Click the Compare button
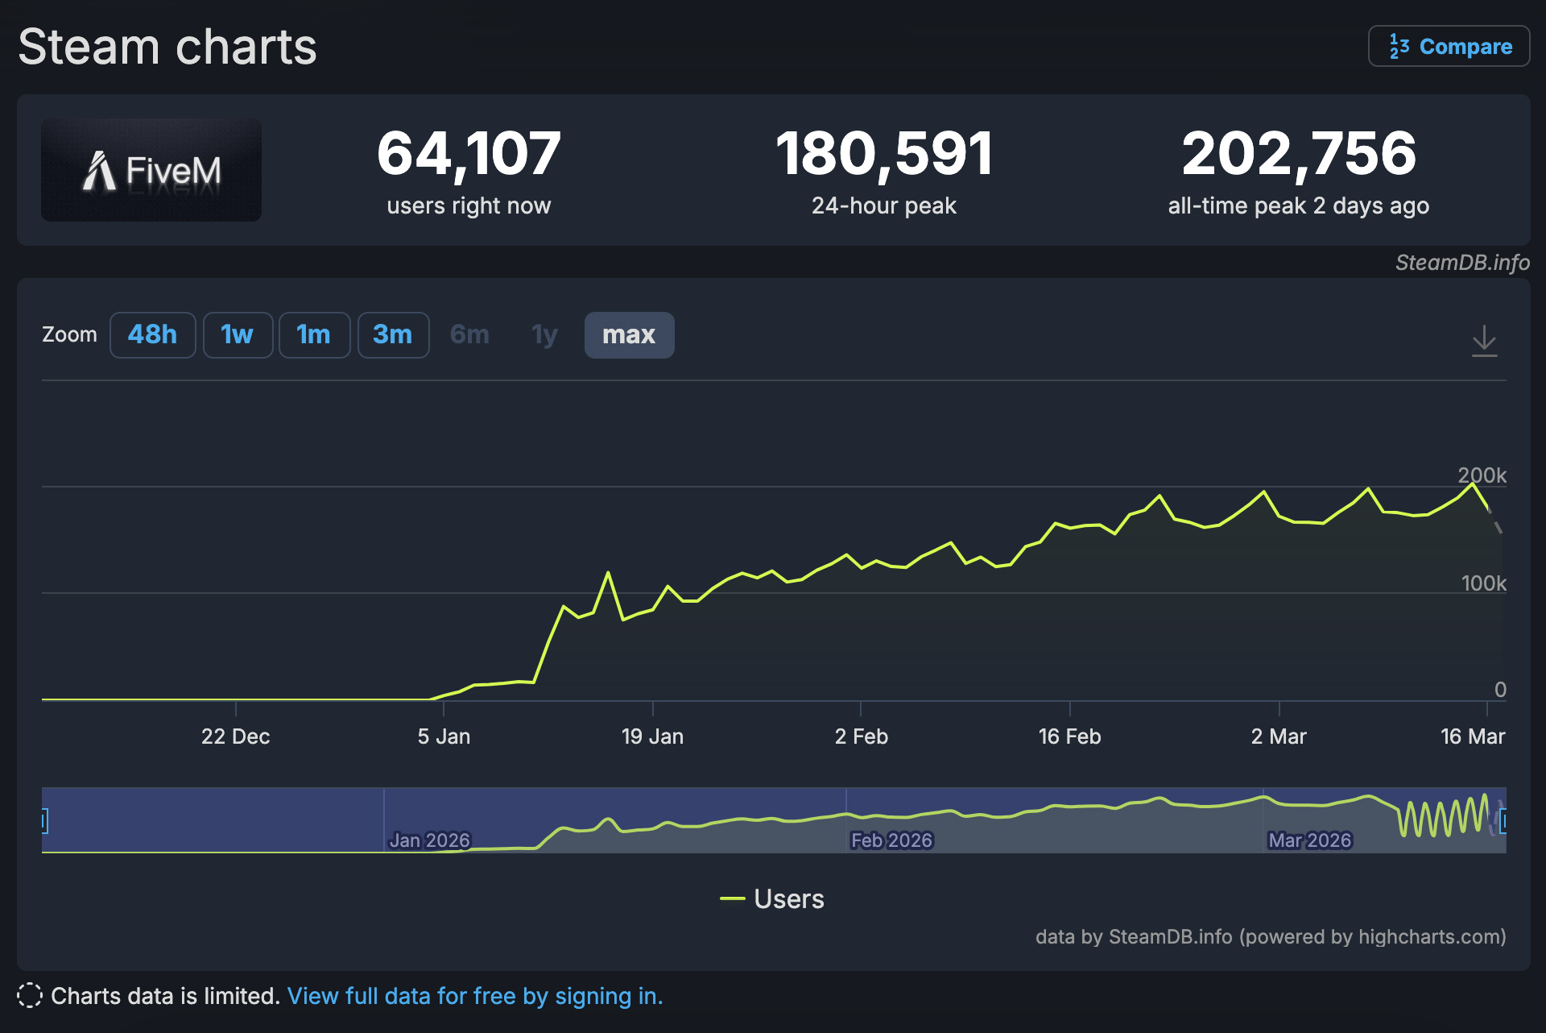pos(1449,47)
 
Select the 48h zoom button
pos(152,334)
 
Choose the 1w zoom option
pos(238,334)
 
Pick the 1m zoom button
pos(313,334)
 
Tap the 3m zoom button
pos(393,334)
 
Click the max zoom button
pos(629,334)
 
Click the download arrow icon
pos(1484,341)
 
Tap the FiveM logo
pos(151,170)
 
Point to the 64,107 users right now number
pos(469,153)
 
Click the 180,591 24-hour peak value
pos(884,153)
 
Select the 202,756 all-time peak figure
pos(1298,153)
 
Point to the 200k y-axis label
pos(1482,475)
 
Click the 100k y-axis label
pos(1483,583)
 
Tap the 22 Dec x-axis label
pos(235,736)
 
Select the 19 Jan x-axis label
pos(652,736)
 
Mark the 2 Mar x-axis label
pos(1279,736)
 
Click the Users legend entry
pos(773,898)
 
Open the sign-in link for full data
pos(475,996)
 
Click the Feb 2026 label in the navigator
pos(891,840)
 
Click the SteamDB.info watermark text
pos(1462,263)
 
